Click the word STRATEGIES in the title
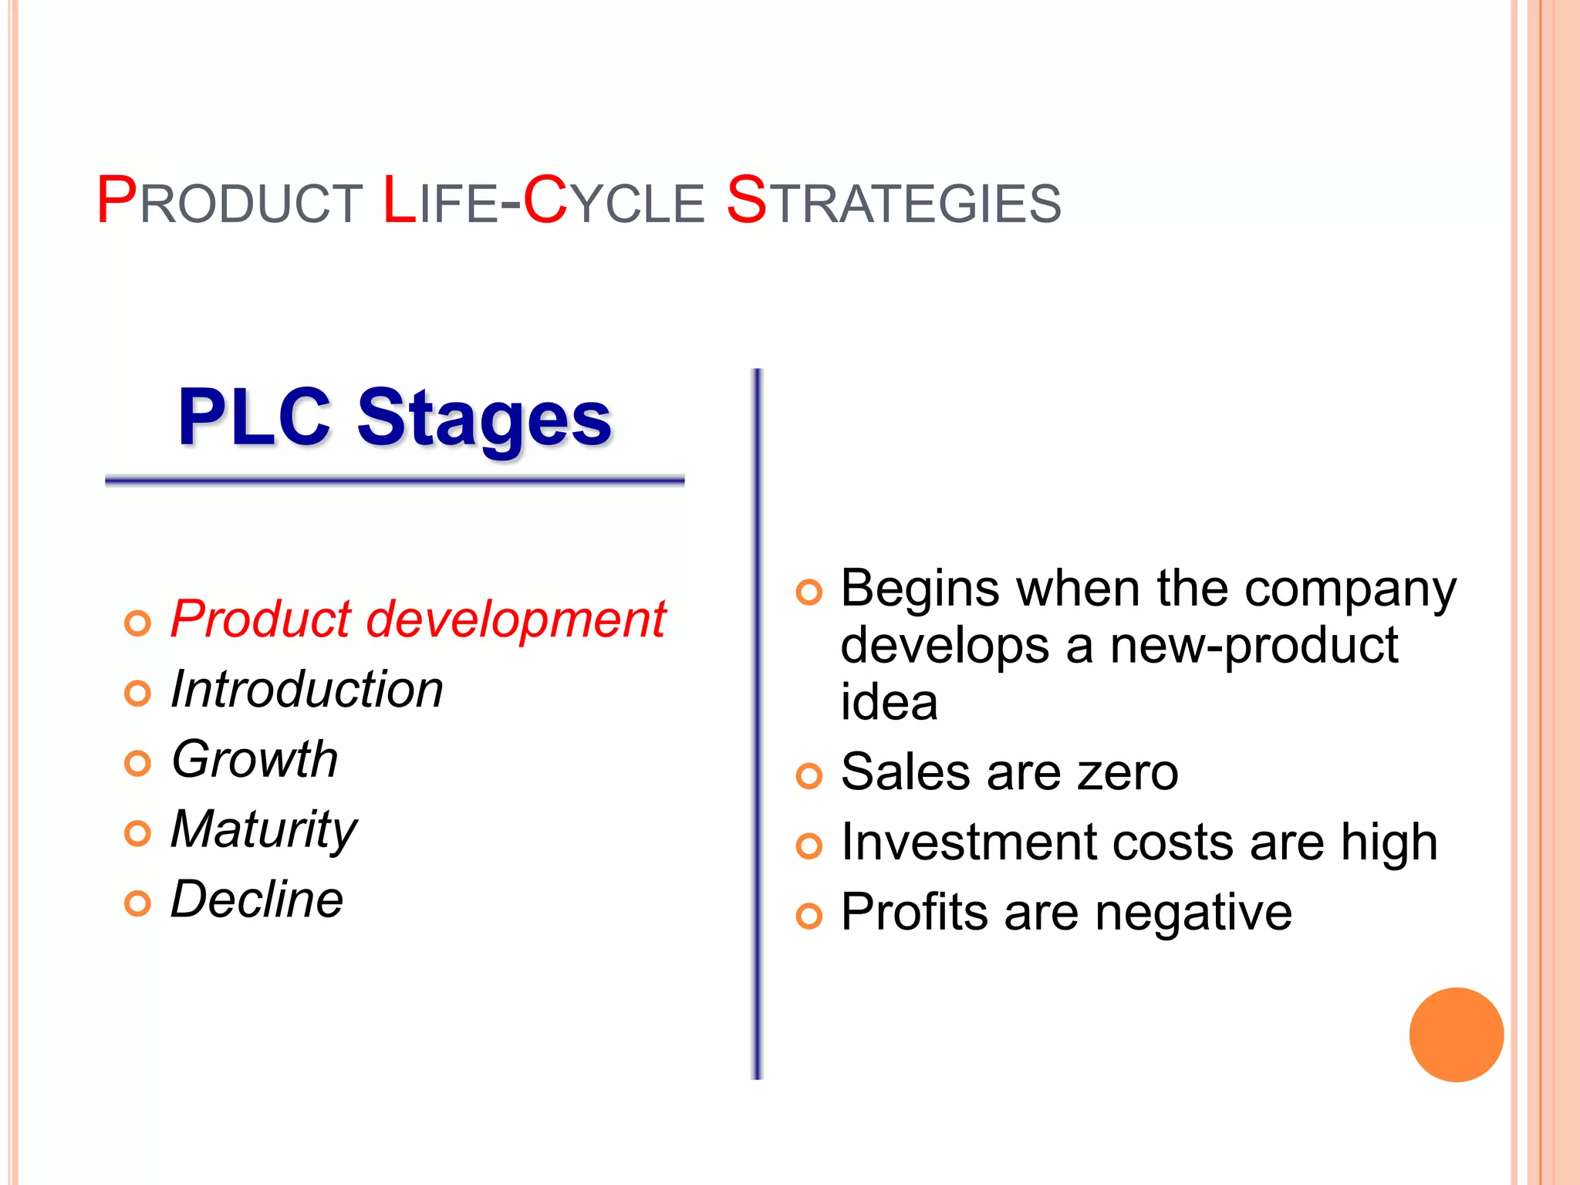tap(893, 202)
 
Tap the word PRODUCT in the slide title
tap(229, 202)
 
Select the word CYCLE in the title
tap(613, 202)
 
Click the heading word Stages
tap(484, 419)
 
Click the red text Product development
tap(417, 620)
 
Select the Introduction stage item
tap(307, 689)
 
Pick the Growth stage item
tap(255, 759)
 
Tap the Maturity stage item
tap(264, 830)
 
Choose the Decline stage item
tap(257, 900)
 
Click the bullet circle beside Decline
tap(137, 903)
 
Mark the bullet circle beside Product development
tap(137, 623)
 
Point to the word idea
tap(889, 703)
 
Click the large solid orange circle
tap(1456, 1035)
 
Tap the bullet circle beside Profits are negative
tap(809, 917)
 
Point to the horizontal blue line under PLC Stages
tap(394, 481)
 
